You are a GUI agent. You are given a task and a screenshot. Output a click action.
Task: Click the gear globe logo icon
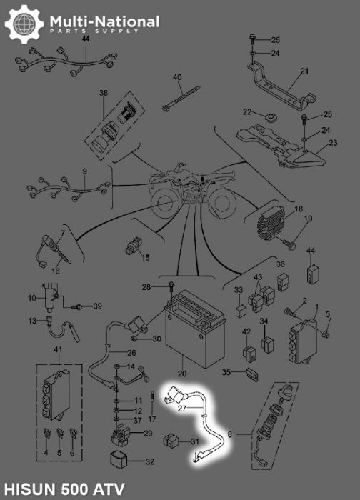[24, 24]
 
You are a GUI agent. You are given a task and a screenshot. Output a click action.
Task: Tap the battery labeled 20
[195, 329]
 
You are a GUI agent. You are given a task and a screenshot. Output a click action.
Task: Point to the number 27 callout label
[181, 409]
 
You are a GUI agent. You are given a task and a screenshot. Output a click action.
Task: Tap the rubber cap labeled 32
[119, 459]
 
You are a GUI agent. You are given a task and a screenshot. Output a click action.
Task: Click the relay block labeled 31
[172, 441]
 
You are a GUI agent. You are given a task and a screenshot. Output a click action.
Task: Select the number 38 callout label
[104, 93]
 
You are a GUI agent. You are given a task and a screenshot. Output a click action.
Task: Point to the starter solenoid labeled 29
[121, 434]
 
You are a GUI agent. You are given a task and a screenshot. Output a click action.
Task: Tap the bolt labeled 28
[172, 291]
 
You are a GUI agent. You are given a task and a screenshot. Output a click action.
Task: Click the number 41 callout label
[58, 350]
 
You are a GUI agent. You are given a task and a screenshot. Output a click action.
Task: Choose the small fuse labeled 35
[252, 375]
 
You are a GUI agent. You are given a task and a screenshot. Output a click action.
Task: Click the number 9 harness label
[84, 172]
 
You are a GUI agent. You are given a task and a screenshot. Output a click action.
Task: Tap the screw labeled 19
[288, 244]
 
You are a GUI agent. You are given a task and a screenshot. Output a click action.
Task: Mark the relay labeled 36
[283, 281]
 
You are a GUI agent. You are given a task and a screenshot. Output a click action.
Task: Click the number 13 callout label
[33, 321]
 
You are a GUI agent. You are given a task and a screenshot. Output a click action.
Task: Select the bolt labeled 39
[77, 306]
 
